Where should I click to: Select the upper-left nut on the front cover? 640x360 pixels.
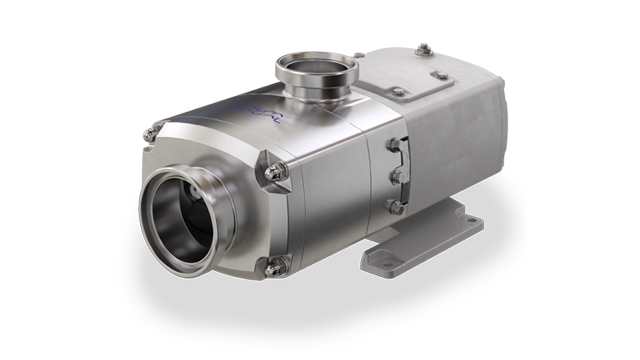tap(151, 132)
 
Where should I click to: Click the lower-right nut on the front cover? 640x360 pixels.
tap(275, 264)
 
